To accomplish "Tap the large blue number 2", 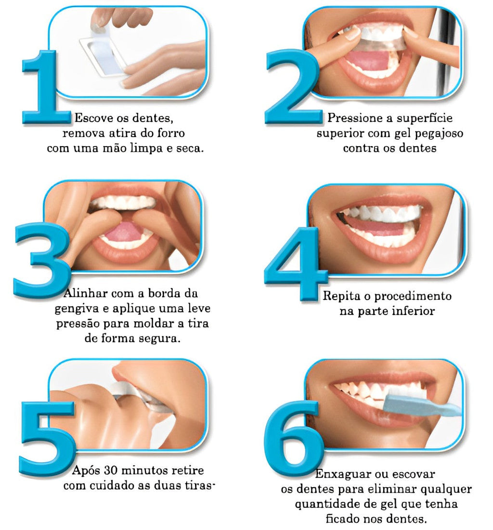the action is pyautogui.click(x=293, y=87).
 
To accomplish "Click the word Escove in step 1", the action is pyautogui.click(x=93, y=118).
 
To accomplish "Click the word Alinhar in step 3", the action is pyautogui.click(x=86, y=293).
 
